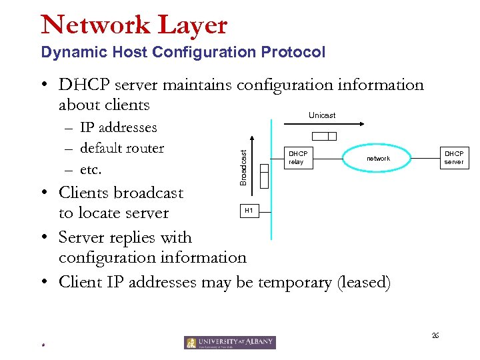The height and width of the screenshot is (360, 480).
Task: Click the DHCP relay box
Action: tap(297, 158)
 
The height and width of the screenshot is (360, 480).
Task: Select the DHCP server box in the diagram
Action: tap(453, 158)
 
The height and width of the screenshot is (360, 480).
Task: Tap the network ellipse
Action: tap(378, 158)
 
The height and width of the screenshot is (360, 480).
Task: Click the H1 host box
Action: tap(249, 211)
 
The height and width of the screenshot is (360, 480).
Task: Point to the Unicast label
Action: tap(322, 115)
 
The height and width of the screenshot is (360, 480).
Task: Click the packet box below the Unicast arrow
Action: tap(324, 136)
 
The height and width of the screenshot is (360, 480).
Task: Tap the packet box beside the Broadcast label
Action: tap(264, 177)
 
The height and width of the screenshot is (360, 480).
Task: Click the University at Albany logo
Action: tap(229, 342)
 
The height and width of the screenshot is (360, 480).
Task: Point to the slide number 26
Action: tap(435, 335)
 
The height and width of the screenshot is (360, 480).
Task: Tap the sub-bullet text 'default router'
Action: tap(121, 148)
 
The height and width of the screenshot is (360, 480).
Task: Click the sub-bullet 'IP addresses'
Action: tap(118, 127)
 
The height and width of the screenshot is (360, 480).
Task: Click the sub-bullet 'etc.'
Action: tap(91, 169)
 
